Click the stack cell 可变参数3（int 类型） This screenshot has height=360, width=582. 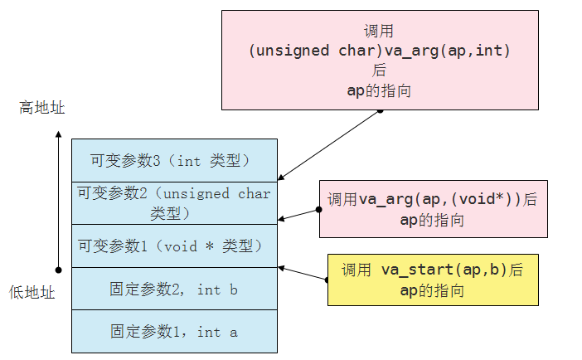(174, 160)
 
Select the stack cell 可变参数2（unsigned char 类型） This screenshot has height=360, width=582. (174, 203)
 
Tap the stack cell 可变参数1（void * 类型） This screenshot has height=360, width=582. (174, 246)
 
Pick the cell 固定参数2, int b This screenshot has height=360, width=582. (174, 289)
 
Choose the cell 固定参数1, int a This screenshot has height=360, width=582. (174, 332)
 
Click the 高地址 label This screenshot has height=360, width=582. (41, 109)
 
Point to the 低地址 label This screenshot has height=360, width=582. (32, 291)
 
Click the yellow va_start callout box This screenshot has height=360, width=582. (433, 280)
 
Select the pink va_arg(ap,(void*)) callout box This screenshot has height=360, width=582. (433, 209)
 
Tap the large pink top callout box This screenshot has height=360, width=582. (380, 60)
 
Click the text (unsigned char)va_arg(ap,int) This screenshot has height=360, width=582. (380, 51)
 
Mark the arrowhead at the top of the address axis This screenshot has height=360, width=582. (58, 134)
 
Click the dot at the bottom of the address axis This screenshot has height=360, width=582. (58, 269)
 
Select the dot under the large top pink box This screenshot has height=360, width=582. (380, 109)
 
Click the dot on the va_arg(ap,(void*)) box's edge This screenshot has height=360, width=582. (319, 211)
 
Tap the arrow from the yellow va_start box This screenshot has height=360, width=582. (303, 274)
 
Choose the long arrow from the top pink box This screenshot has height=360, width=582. (329, 144)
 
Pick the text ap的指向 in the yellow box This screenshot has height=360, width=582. (433, 290)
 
